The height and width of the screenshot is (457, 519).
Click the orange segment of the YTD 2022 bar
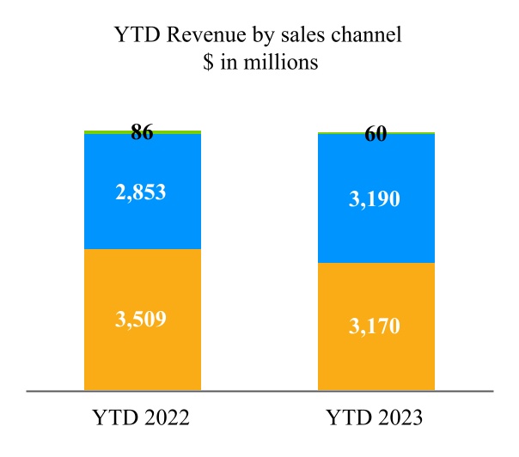(142, 361)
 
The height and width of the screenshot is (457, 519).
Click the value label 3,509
(142, 319)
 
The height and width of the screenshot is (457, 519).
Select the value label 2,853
(142, 192)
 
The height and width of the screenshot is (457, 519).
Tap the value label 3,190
(376, 198)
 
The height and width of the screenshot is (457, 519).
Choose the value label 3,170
(376, 326)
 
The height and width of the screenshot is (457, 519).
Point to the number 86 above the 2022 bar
(142, 133)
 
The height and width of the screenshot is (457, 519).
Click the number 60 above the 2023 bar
(376, 134)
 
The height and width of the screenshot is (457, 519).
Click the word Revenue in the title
(194, 36)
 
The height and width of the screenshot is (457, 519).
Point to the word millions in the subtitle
(285, 63)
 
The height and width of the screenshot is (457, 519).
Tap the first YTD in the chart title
(132, 36)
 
